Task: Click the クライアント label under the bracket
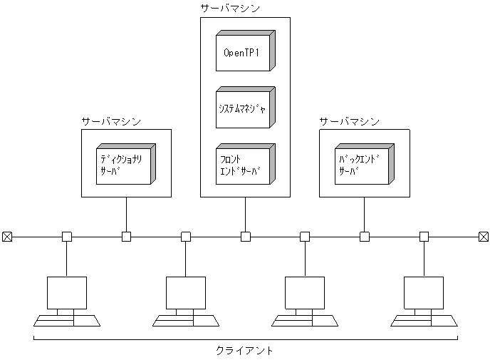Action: pos(244,351)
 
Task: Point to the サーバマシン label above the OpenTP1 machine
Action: pos(230,8)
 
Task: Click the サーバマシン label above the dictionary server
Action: pos(111,120)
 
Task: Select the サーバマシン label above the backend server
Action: pos(349,120)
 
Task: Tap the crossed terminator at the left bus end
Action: pos(7,237)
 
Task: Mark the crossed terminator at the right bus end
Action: pos(483,237)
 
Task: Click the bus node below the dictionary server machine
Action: pos(126,237)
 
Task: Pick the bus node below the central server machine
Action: pos(245,237)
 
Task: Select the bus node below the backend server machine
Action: pos(364,237)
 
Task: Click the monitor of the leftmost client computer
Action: pos(67,292)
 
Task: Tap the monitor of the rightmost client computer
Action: pos(424,292)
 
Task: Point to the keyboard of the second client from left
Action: pos(186,320)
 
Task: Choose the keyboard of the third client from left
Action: pos(305,320)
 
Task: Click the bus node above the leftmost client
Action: pos(67,237)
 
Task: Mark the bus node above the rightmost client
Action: pos(424,237)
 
